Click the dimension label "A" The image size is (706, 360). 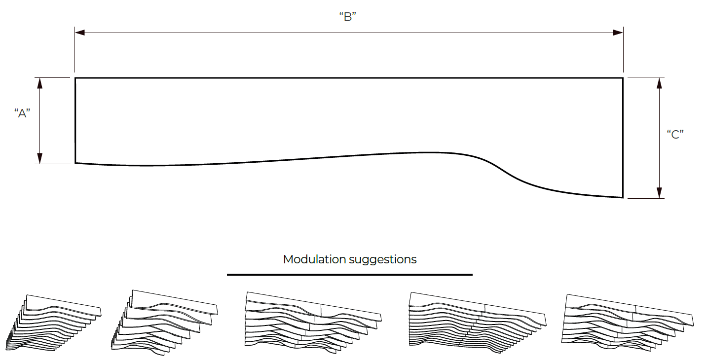(22, 113)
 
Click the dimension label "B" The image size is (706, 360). (348, 16)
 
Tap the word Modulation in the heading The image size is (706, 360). (315, 259)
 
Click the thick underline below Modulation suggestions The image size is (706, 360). (349, 275)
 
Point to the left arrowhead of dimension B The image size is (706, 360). (80, 33)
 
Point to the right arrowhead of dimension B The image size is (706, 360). (618, 33)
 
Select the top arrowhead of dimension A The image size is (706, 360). (39, 83)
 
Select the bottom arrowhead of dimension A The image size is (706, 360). (39, 158)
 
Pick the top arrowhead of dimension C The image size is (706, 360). (659, 83)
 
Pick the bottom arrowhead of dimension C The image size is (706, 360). (659, 193)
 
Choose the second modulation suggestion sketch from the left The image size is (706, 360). (164, 323)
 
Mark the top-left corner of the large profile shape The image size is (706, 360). (75, 78)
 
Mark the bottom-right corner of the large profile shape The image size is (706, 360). (623, 197)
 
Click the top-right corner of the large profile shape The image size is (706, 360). (623, 78)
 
